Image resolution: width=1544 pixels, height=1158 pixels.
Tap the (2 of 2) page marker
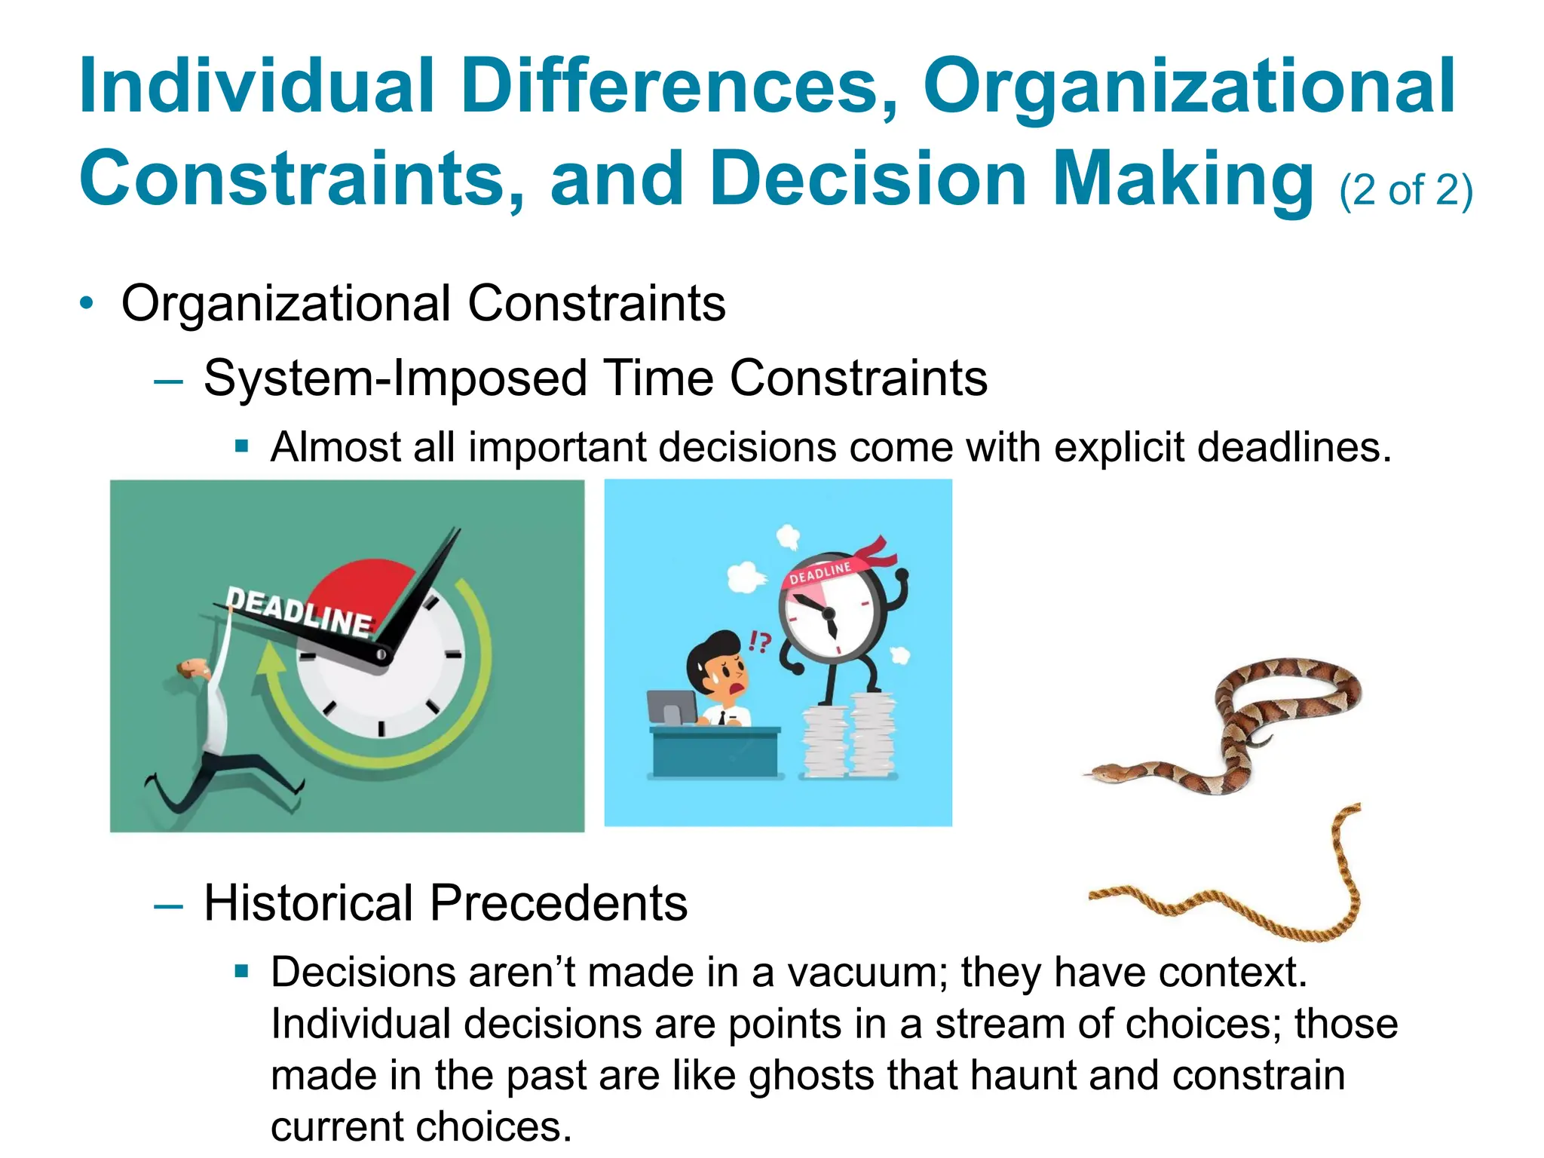point(1405,190)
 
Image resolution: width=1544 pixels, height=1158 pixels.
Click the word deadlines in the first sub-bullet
point(1292,447)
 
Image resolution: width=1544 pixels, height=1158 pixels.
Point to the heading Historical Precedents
point(445,903)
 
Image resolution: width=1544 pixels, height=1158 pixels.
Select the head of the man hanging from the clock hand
point(195,668)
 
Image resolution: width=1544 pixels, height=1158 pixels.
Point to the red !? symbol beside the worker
point(759,642)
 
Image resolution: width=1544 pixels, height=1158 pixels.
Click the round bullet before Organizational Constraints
point(87,304)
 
